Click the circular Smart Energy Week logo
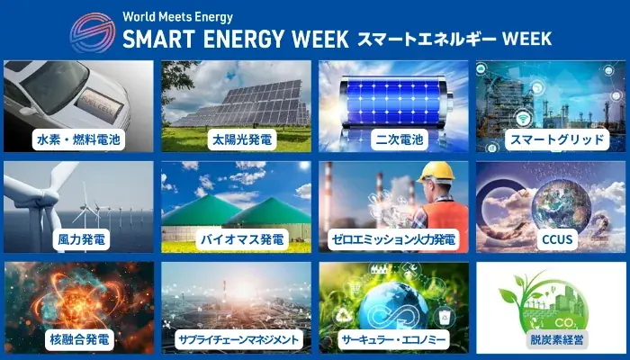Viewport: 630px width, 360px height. tap(92, 30)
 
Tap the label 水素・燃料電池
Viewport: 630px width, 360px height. tap(78, 139)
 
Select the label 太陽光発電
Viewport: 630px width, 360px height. tap(236, 139)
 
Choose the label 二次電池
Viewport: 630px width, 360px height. tap(393, 139)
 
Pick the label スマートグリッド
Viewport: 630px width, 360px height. tap(551, 139)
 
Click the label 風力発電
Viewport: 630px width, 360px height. tap(78, 240)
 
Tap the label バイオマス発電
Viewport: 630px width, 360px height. tap(236, 240)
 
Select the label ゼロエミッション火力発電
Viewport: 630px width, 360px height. tap(393, 240)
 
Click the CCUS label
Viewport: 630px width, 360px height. tap(551, 240)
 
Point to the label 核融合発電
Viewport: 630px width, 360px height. tap(78, 340)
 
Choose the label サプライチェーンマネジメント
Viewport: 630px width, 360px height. tap(236, 340)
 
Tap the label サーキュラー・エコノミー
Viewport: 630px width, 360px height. tap(393, 340)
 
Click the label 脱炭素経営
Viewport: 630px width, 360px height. tap(551, 340)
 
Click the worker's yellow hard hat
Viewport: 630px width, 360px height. tap(437, 172)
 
